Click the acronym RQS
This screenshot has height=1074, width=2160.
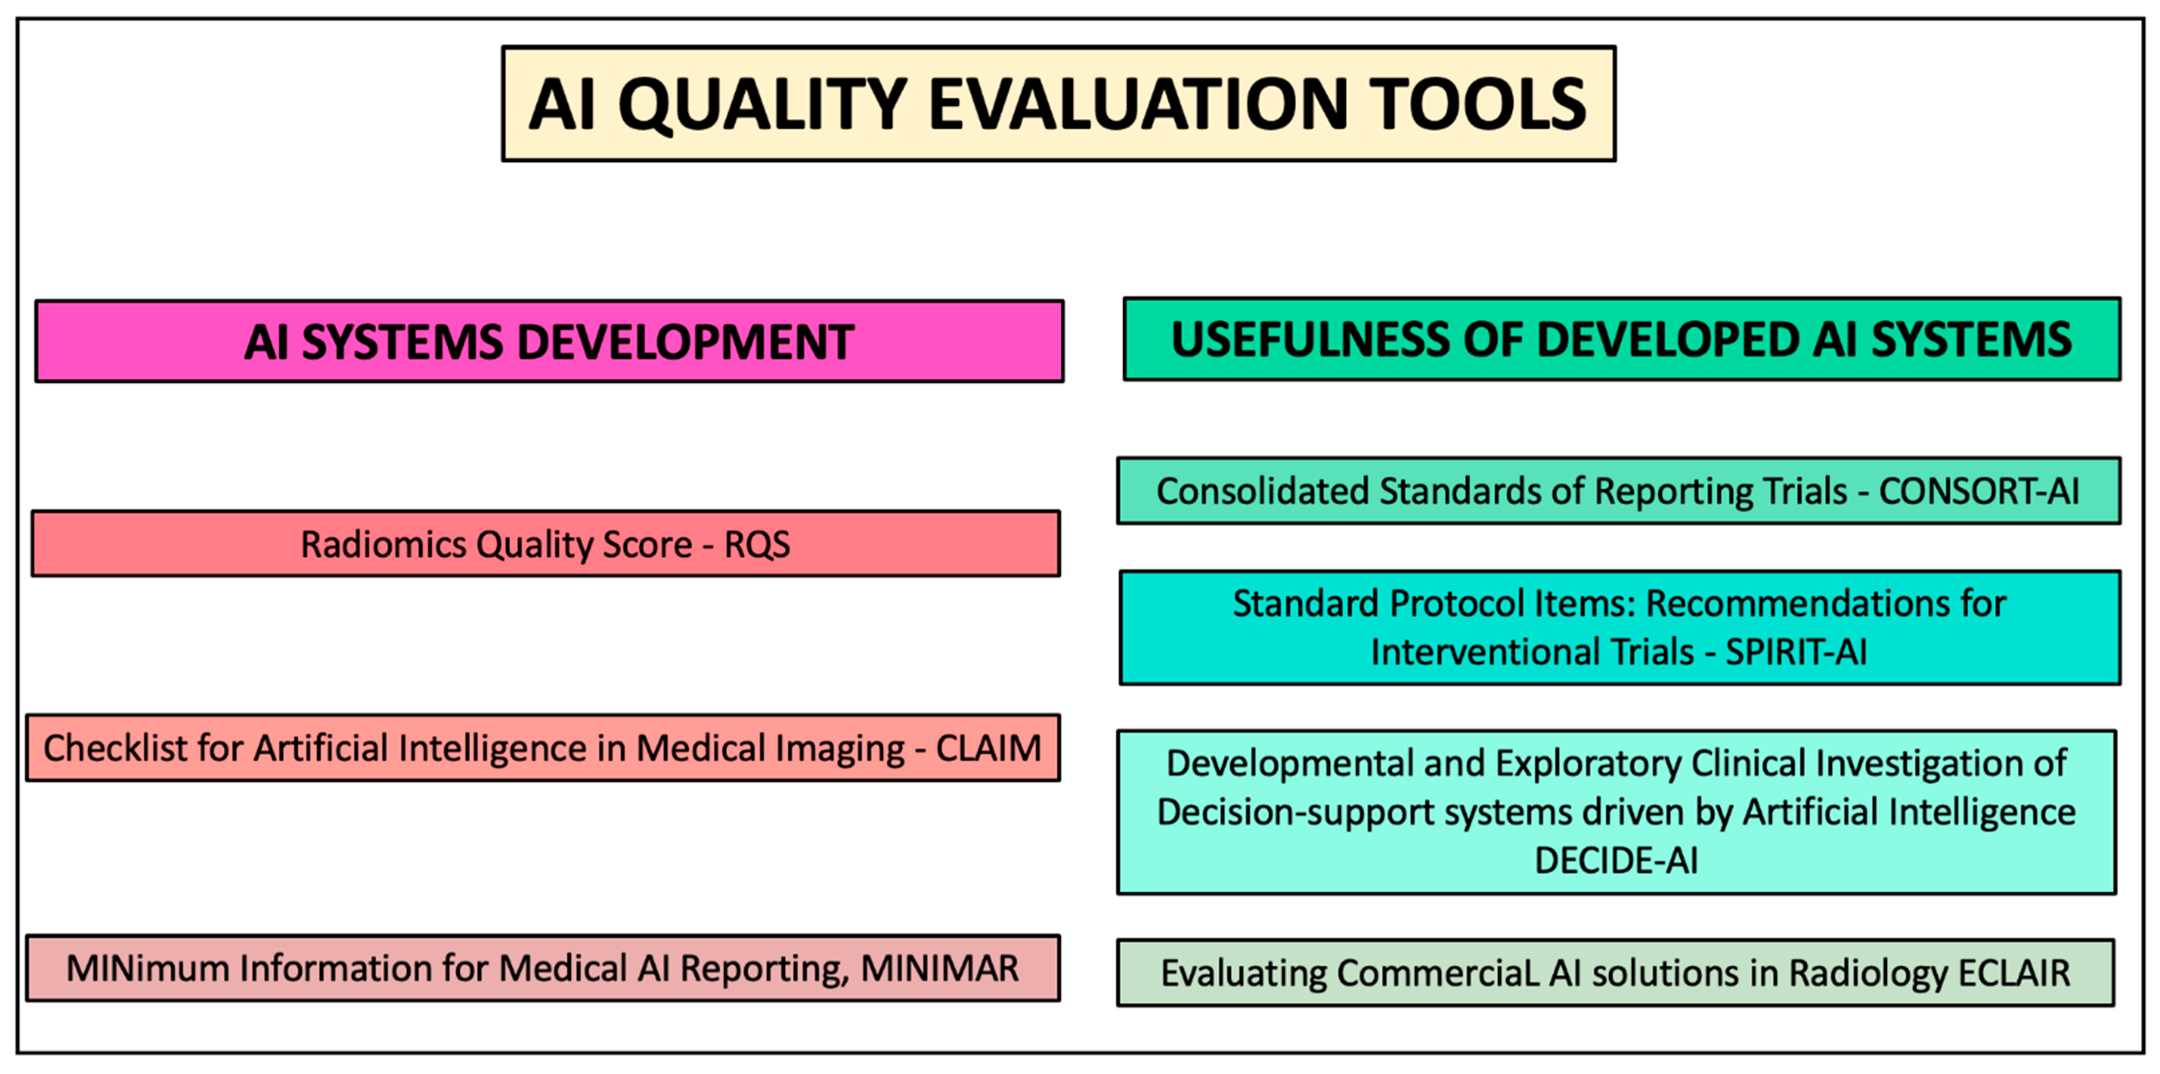[757, 545]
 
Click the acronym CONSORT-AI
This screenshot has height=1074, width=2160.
[1979, 491]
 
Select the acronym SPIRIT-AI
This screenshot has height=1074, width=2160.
[1796, 652]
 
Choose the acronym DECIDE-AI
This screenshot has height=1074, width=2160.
[1616, 860]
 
